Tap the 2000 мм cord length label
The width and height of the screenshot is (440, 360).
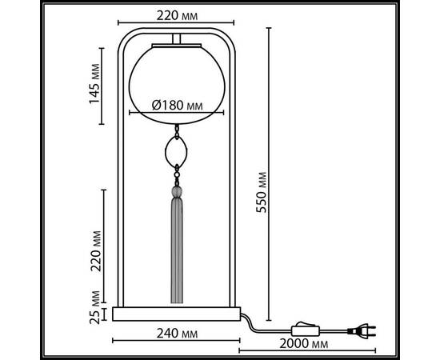click(x=306, y=345)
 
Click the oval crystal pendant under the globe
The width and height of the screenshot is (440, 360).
click(x=178, y=150)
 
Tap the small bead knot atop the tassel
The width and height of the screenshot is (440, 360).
click(x=178, y=191)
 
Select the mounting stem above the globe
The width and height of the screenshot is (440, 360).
click(x=178, y=41)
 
